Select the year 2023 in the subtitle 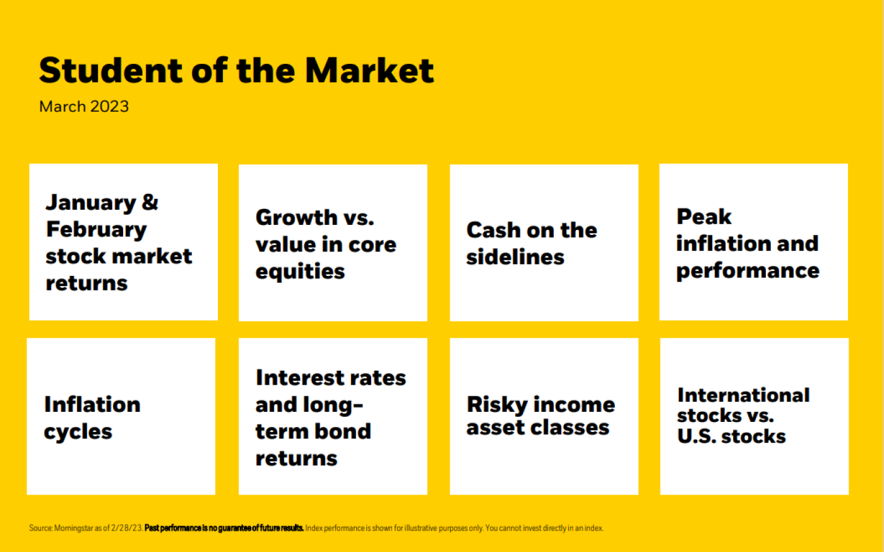(109, 107)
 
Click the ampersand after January (150, 202)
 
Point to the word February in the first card (96, 230)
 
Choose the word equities (300, 272)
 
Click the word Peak (704, 217)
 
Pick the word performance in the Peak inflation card (748, 271)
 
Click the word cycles (78, 432)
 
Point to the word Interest (298, 378)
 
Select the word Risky (498, 405)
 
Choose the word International (744, 395)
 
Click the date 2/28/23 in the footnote (126, 528)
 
